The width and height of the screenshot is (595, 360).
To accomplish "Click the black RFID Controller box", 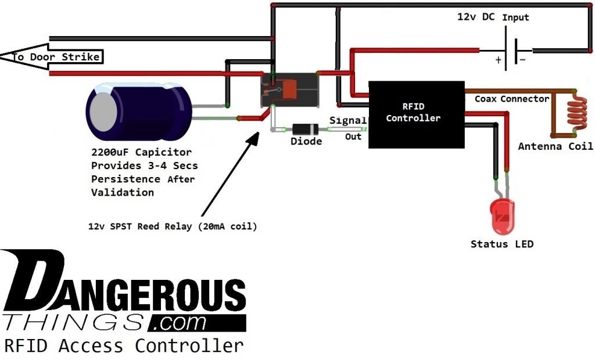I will [416, 114].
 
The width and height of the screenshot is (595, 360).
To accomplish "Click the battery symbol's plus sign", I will [497, 60].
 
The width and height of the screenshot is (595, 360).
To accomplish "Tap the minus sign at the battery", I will [522, 60].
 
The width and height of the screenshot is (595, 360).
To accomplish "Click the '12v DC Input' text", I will [493, 17].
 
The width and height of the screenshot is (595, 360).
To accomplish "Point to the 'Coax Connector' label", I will [511, 99].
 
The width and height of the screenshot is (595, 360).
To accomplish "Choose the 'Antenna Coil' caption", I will [555, 146].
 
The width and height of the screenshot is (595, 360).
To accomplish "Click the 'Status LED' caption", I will [501, 244].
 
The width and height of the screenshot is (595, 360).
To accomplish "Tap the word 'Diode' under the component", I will [306, 141].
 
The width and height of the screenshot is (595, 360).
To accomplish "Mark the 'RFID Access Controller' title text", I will [123, 345].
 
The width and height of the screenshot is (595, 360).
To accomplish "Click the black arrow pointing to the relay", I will [230, 174].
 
